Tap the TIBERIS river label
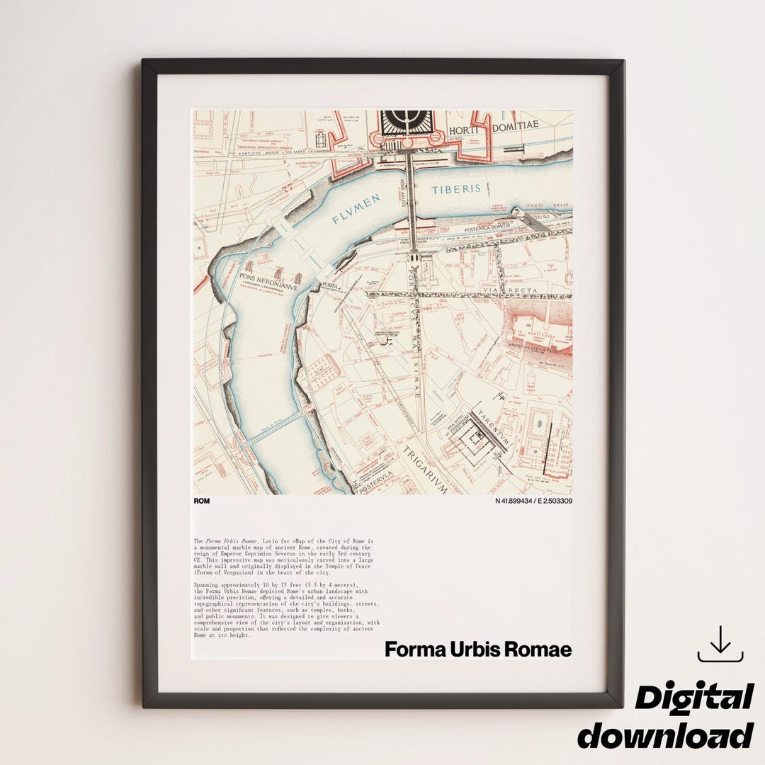[457, 189]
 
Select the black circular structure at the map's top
[401, 121]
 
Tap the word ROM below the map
[201, 501]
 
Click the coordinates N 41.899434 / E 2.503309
[533, 501]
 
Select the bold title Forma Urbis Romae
[478, 650]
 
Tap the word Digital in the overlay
[693, 698]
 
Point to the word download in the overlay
[665, 735]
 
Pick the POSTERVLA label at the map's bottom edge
[375, 487]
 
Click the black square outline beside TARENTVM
[471, 446]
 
